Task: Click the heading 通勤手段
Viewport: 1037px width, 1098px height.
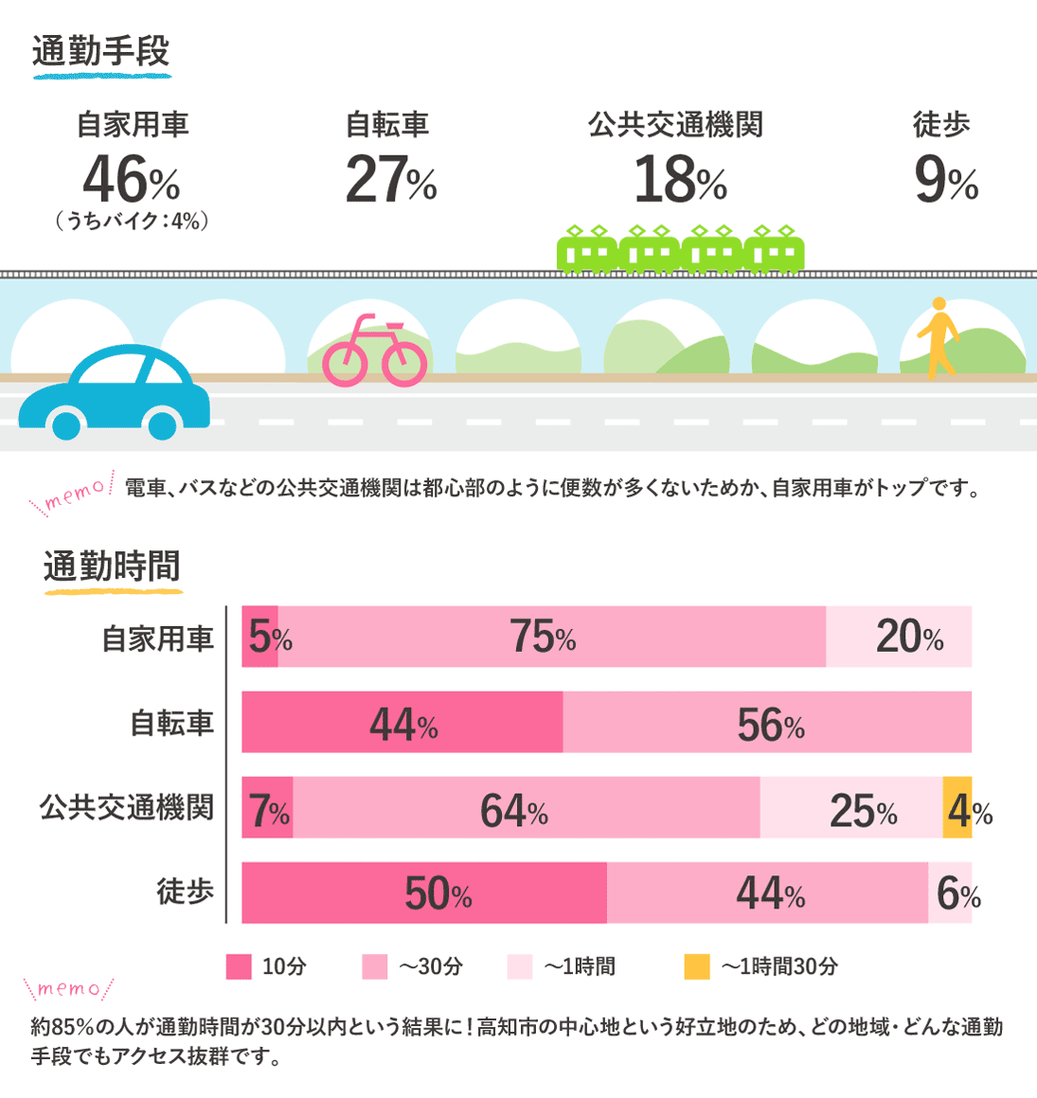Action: click(100, 51)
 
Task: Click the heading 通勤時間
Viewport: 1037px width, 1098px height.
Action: click(112, 567)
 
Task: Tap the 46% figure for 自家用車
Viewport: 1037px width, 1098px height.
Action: click(131, 180)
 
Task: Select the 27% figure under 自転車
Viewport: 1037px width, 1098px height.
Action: click(390, 180)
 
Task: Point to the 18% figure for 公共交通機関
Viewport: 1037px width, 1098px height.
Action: click(679, 180)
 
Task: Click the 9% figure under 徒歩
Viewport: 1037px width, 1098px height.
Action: click(945, 180)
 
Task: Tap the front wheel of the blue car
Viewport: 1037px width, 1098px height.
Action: click(66, 423)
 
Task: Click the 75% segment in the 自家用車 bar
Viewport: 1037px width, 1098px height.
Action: click(551, 637)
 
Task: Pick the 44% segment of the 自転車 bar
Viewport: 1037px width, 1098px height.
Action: click(402, 723)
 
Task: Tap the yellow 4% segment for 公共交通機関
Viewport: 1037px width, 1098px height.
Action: click(957, 808)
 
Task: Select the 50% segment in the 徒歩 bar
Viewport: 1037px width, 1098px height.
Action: click(424, 892)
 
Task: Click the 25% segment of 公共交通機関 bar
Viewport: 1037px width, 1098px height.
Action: click(850, 808)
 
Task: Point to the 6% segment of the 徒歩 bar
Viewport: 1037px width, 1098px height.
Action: click(950, 892)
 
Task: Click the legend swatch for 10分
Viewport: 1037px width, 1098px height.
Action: click(239, 966)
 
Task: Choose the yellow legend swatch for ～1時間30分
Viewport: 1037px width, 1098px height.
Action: click(696, 966)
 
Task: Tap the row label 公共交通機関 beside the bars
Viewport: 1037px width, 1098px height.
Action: click(126, 807)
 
